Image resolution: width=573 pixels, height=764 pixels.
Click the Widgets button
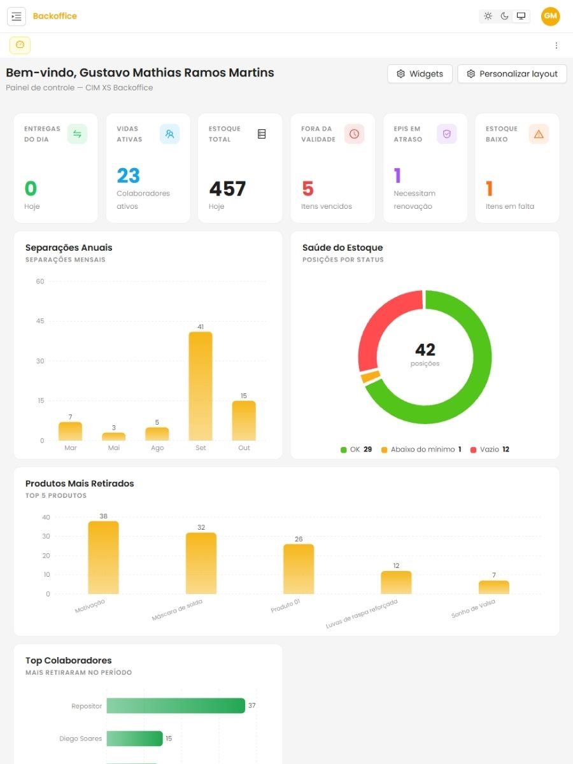[420, 74]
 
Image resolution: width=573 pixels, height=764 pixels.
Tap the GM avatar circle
[550, 16]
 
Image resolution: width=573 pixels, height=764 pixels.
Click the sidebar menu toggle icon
[17, 17]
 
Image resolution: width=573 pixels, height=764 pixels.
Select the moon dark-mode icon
[504, 16]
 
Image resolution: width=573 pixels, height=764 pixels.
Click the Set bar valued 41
[201, 386]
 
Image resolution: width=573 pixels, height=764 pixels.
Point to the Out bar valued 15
[244, 420]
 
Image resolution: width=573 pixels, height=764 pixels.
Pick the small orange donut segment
[371, 377]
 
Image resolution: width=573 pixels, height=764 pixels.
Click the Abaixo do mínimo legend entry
[421, 449]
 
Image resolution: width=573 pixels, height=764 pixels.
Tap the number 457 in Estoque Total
[227, 188]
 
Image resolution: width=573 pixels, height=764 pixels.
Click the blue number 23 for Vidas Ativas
[129, 176]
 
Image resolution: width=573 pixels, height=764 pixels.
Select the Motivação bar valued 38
[103, 557]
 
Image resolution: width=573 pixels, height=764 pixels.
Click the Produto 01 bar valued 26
[299, 569]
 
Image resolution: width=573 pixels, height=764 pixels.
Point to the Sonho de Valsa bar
[493, 587]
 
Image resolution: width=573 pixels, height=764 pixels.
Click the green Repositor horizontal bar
[176, 705]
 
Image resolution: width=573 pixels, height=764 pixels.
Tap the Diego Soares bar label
[80, 739]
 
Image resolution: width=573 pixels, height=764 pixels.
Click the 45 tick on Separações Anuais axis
[40, 321]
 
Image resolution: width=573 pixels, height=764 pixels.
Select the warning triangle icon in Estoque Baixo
[539, 134]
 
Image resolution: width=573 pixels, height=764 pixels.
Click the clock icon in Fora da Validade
[354, 134]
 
